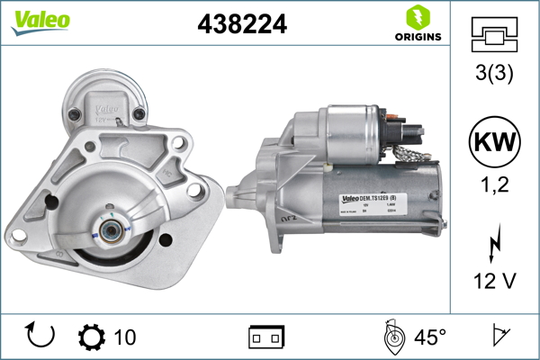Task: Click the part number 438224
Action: point(241,24)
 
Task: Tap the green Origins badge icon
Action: point(417,16)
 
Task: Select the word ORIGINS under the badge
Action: point(417,37)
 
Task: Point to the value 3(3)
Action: point(493,76)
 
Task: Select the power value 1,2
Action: point(493,187)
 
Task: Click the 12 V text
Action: point(493,281)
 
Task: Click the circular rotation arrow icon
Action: point(41,337)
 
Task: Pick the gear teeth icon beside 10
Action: point(91,337)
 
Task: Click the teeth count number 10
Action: point(125,337)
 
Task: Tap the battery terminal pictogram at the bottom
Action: point(265,337)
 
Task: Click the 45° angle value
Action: point(430,337)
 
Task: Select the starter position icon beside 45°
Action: point(392,337)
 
